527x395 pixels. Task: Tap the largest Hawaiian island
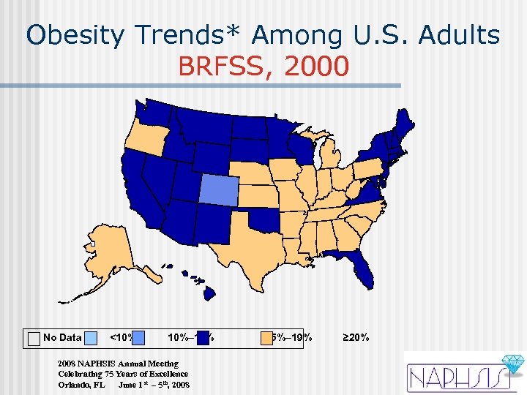(x=209, y=293)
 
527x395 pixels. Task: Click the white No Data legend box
(x=34, y=338)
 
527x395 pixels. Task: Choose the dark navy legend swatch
(x=204, y=338)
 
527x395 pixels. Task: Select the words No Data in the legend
(x=62, y=338)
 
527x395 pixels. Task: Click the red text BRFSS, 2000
(x=263, y=67)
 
